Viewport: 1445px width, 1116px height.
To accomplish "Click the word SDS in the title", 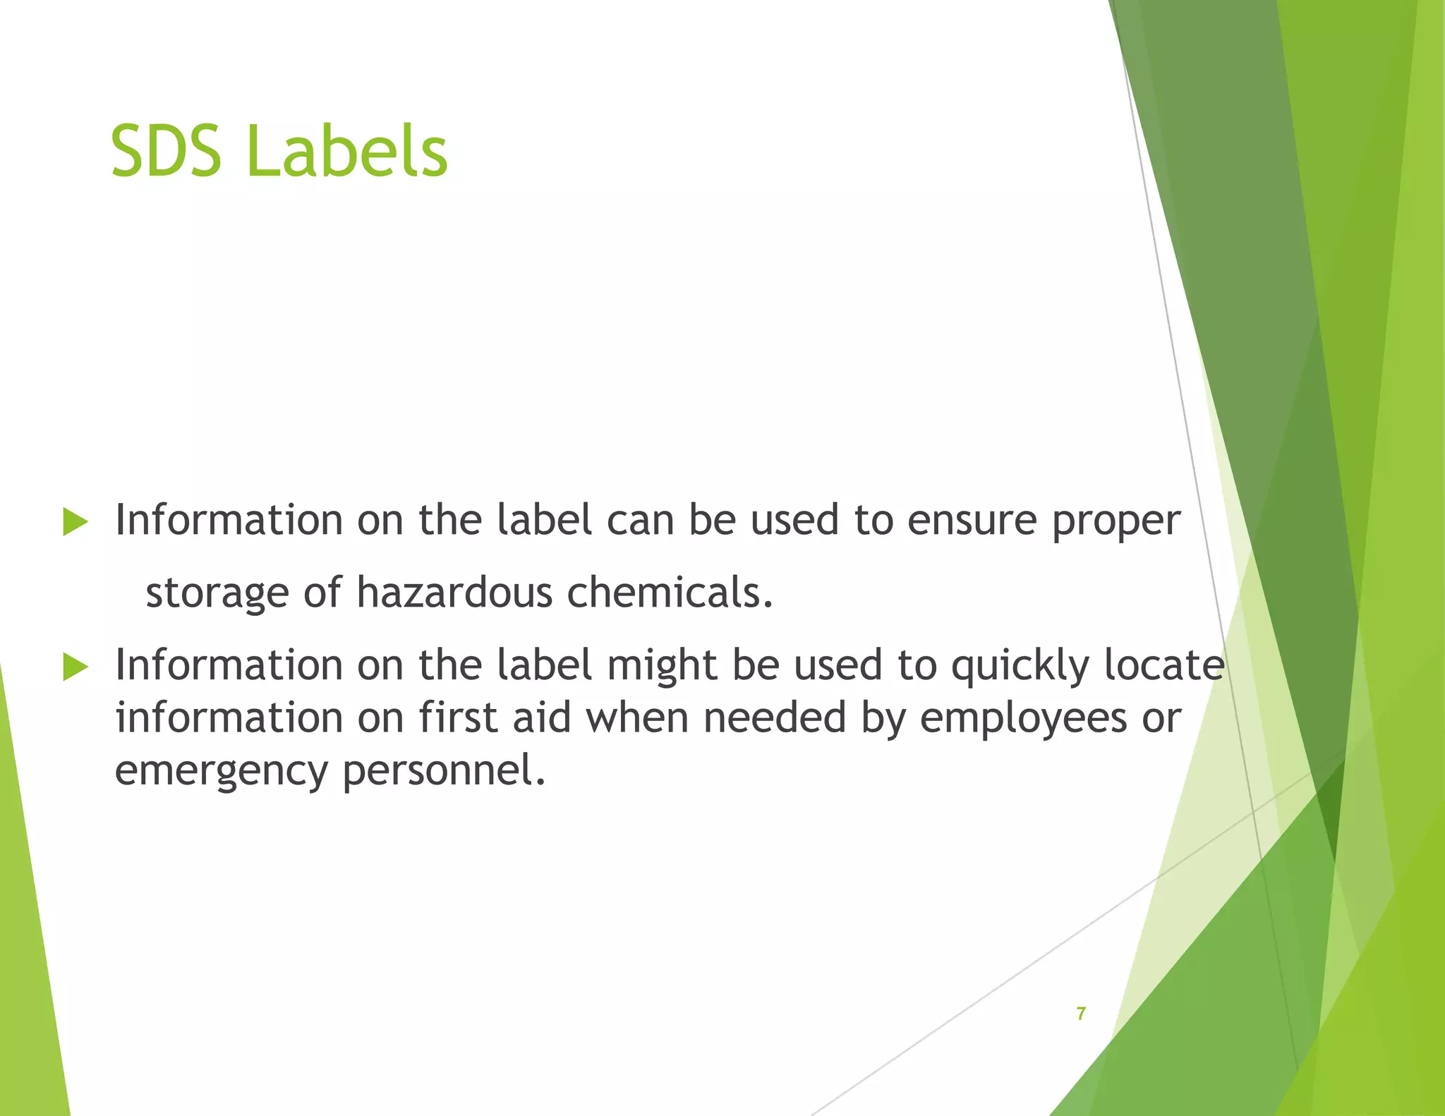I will pyautogui.click(x=167, y=151).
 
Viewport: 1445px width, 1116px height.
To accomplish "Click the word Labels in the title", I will pyautogui.click(x=347, y=151).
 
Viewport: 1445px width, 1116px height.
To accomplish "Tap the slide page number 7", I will pyautogui.click(x=1081, y=1014).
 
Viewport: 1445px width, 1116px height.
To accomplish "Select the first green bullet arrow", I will pyautogui.click(x=75, y=522).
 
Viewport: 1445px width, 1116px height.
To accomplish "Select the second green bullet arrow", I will pyautogui.click(x=75, y=667).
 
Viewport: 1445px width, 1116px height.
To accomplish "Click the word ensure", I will pyautogui.click(x=972, y=521).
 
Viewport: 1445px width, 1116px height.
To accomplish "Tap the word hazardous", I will pyautogui.click(x=454, y=592).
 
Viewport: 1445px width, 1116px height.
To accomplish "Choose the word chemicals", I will pyautogui.click(x=670, y=592).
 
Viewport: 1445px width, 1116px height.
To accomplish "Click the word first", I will pyautogui.click(x=458, y=717).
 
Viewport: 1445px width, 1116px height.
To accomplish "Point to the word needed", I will pyautogui.click(x=774, y=717).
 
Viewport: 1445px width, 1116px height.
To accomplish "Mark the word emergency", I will pyautogui.click(x=221, y=772).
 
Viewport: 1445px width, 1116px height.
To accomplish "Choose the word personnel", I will pyautogui.click(x=444, y=772).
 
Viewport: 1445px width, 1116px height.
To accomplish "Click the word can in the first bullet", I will pyautogui.click(x=640, y=521).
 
